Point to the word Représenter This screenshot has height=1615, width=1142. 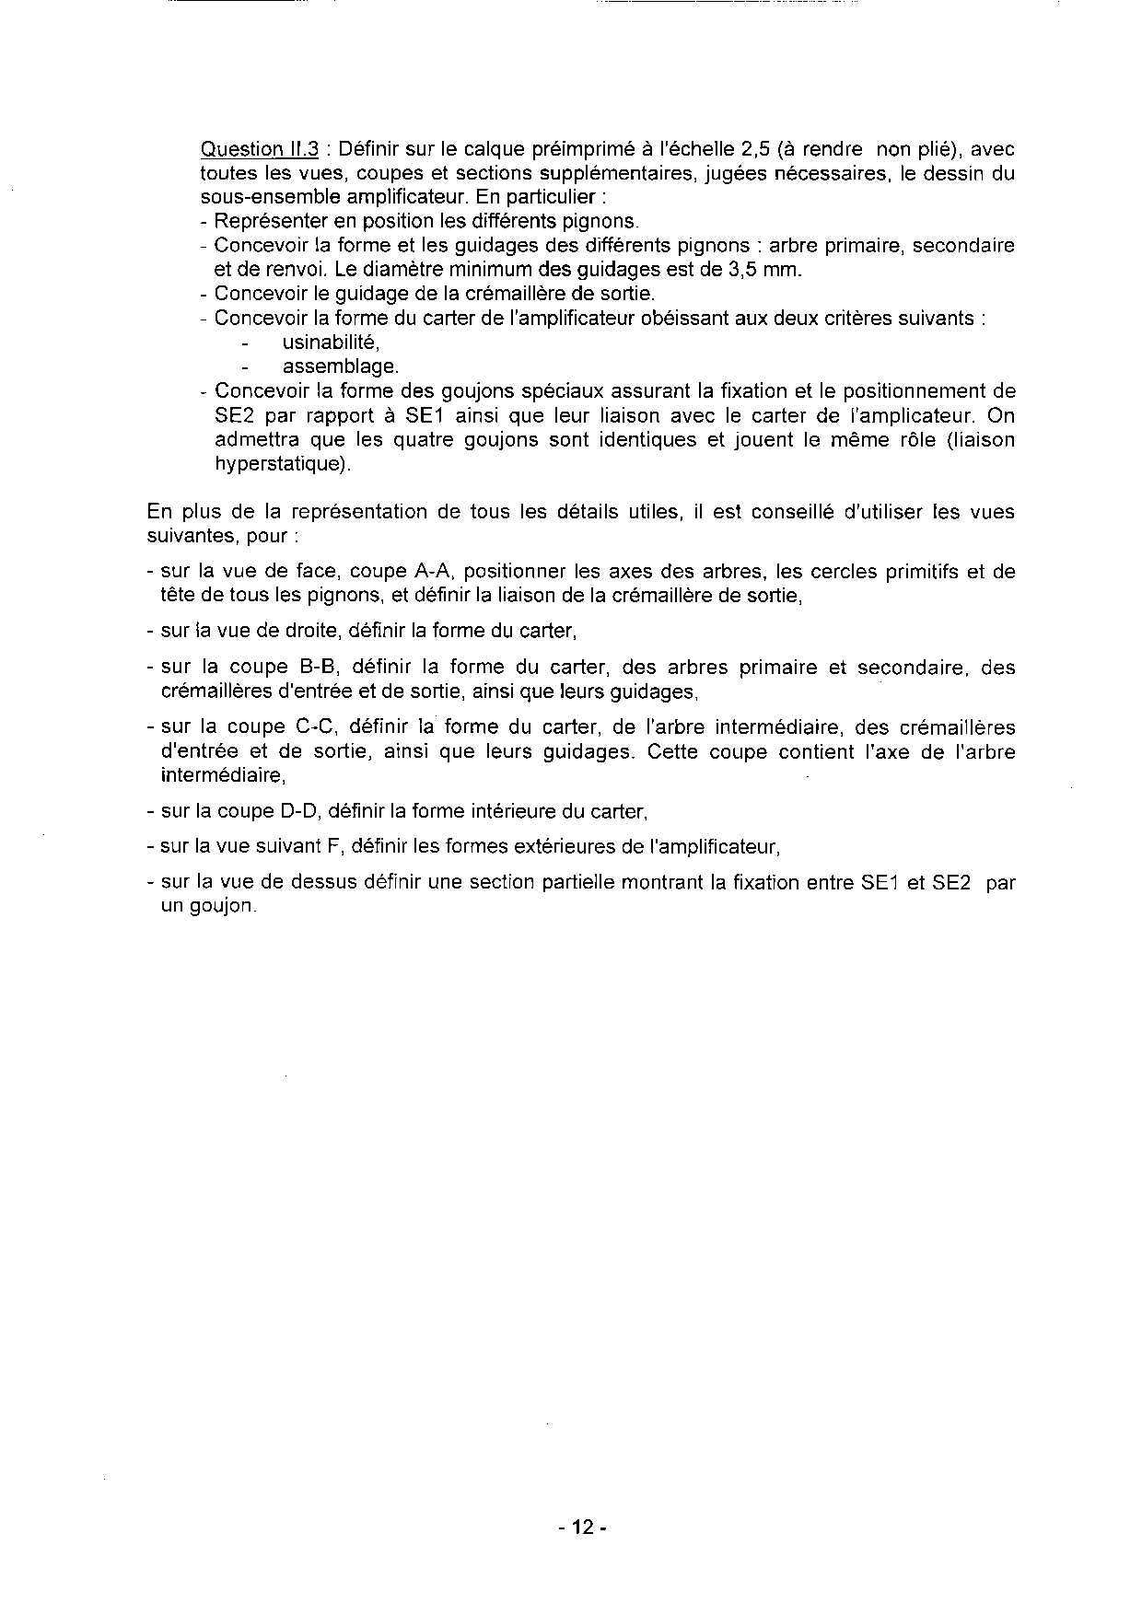pos(263,222)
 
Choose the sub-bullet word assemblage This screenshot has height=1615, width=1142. pos(341,366)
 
